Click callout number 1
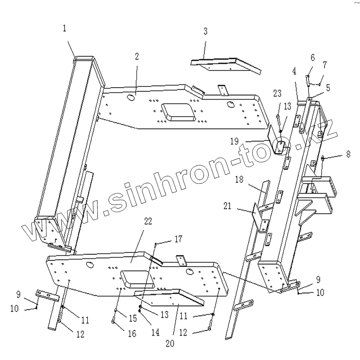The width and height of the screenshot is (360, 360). point(65,28)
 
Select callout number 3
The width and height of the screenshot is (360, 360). point(205,31)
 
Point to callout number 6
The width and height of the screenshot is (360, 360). point(312,58)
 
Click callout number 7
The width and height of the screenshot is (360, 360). point(325,64)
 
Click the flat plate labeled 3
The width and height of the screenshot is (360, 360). point(226,64)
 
